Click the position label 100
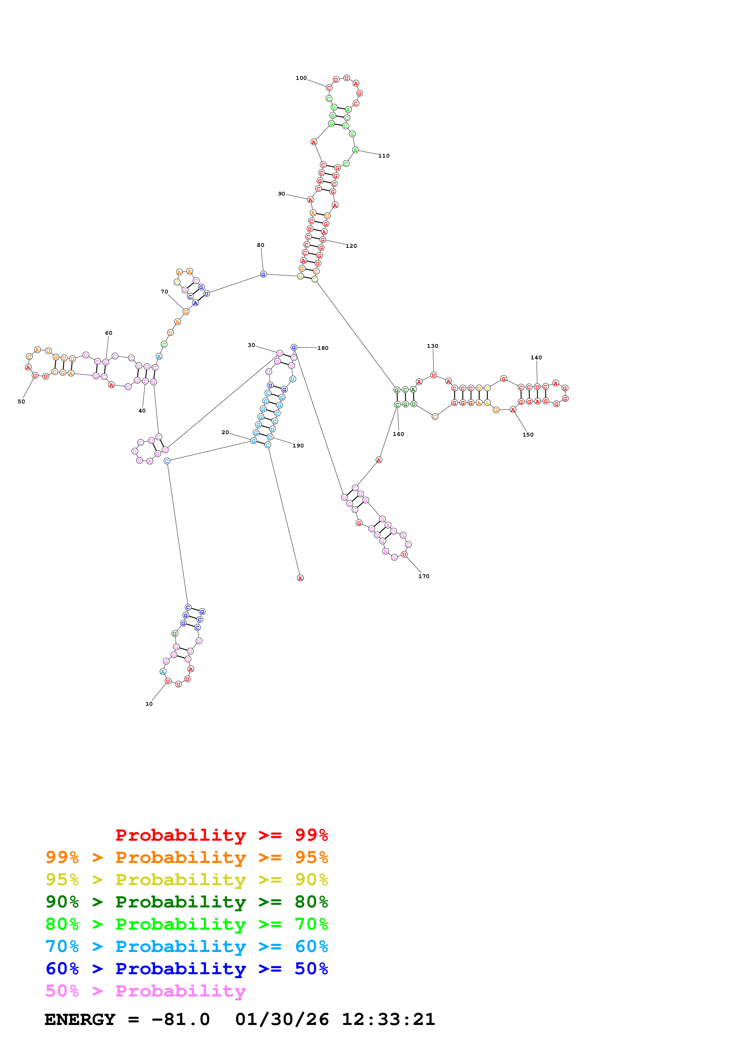click(x=301, y=78)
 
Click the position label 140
click(x=536, y=357)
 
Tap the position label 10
click(x=149, y=704)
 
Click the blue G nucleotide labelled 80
click(x=263, y=274)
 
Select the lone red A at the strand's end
click(x=300, y=578)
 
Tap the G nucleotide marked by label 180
click(x=294, y=347)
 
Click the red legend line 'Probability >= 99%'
click(x=221, y=835)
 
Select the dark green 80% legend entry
click(x=186, y=902)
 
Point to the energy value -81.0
click(x=181, y=1019)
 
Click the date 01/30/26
click(x=282, y=1019)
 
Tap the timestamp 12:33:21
click(x=388, y=1019)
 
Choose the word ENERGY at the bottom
click(x=80, y=1019)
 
